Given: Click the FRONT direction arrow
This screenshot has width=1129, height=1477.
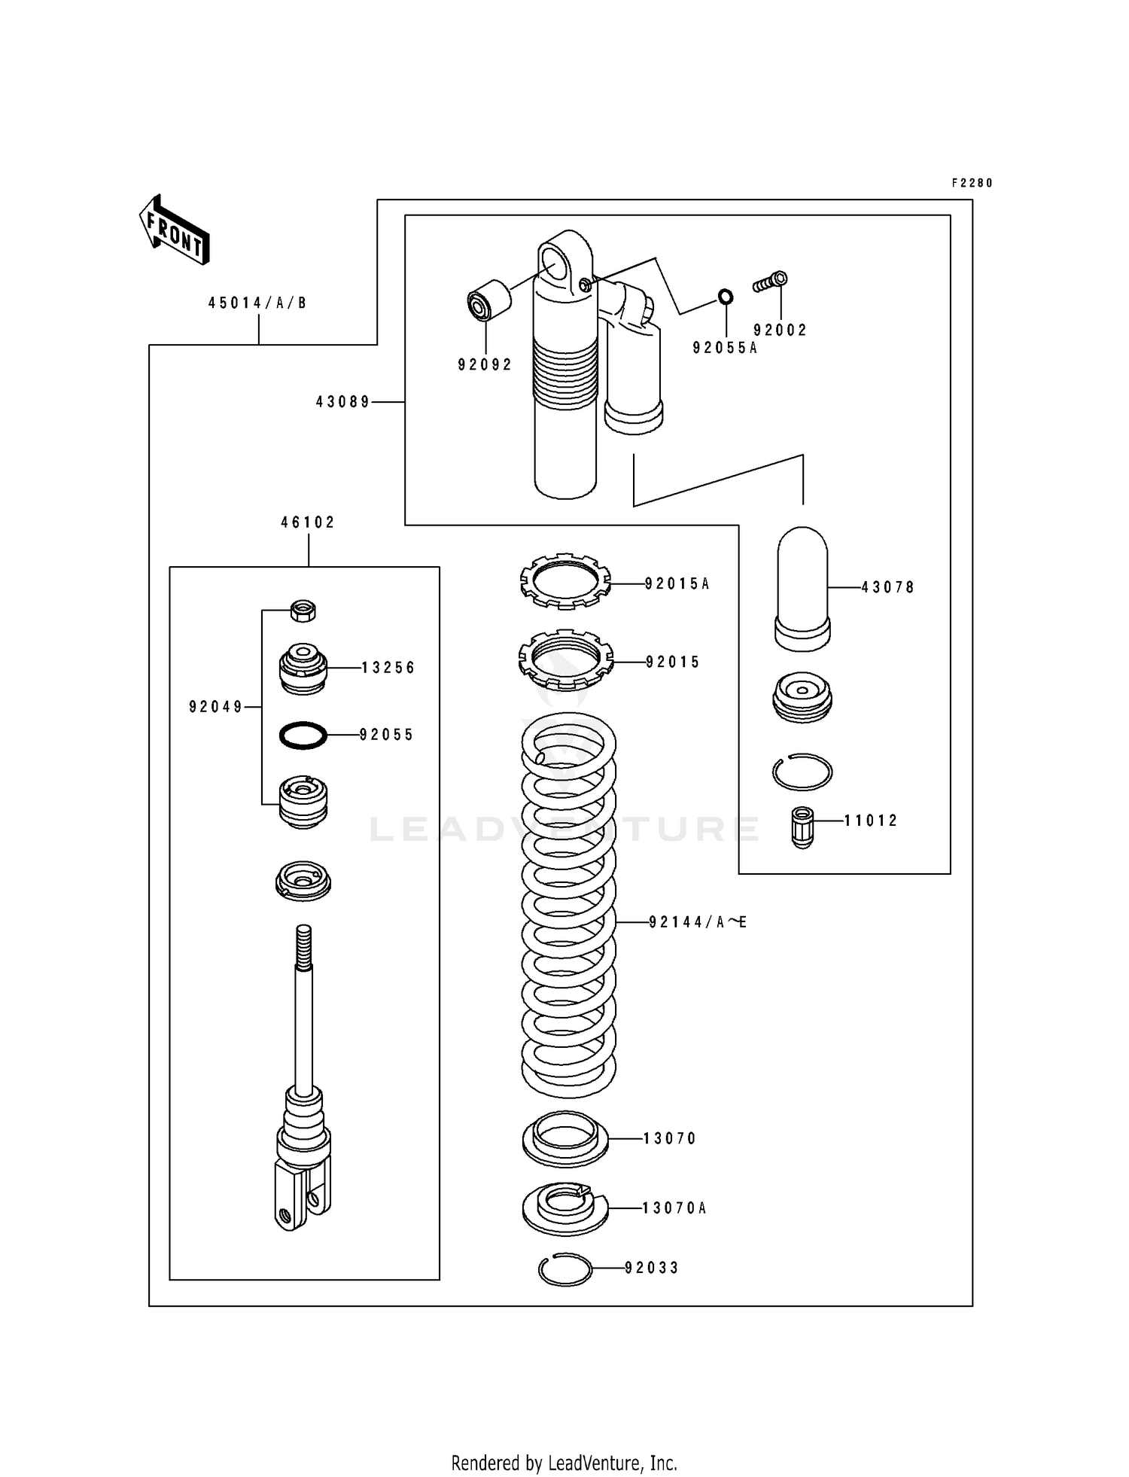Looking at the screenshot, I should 174,230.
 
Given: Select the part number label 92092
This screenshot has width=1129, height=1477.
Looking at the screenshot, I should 484,365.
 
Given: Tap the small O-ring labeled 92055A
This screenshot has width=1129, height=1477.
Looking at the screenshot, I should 725,297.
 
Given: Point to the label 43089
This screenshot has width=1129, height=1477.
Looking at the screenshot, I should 342,403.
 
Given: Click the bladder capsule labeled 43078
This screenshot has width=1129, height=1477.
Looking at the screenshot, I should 802,588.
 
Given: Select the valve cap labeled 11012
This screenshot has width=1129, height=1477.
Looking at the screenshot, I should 802,827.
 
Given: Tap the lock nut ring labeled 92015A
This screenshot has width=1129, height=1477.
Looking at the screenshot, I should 564,582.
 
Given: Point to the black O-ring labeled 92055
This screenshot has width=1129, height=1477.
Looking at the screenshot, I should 303,735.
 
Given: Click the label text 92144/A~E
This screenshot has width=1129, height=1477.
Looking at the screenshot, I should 698,922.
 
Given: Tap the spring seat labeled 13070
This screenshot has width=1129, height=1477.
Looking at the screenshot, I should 564,1138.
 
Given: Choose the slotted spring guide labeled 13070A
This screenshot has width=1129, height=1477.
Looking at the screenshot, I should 564,1208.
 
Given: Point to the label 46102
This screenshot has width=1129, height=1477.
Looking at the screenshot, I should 308,522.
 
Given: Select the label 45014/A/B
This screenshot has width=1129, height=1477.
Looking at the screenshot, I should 257,303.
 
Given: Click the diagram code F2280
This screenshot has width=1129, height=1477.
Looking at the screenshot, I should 972,183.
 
